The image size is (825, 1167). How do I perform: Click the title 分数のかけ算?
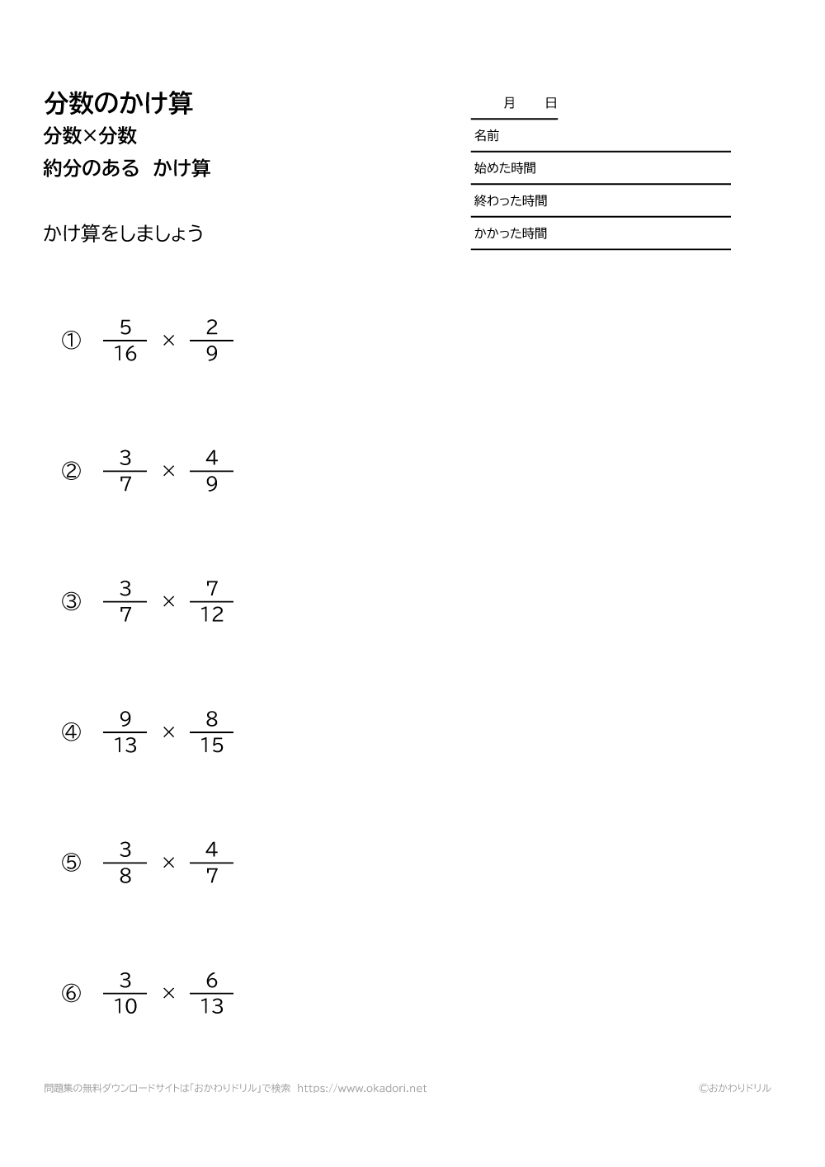(118, 103)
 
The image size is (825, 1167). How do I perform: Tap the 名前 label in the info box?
(487, 136)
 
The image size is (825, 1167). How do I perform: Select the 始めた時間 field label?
(505, 168)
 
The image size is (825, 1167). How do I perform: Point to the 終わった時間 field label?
(510, 200)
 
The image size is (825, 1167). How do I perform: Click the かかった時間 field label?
(510, 233)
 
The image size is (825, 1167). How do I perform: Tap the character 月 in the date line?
(509, 103)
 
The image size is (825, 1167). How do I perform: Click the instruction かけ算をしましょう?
(124, 233)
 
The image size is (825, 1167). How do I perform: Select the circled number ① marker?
(72, 340)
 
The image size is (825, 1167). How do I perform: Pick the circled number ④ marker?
(72, 732)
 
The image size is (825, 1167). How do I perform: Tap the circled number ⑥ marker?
(72, 993)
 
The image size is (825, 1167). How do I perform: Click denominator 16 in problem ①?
(125, 355)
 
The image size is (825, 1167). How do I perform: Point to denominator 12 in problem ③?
(212, 615)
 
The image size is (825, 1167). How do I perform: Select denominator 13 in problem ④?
(125, 746)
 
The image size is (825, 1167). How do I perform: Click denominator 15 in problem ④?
(212, 746)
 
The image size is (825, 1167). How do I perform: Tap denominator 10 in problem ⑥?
(125, 1006)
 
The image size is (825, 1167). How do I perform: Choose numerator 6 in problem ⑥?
(212, 980)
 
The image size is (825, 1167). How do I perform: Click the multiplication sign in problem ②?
(169, 471)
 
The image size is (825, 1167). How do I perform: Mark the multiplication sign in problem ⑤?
(169, 863)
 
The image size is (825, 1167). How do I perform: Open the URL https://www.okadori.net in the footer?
(361, 1089)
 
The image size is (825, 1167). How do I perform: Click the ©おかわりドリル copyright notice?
(734, 1089)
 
